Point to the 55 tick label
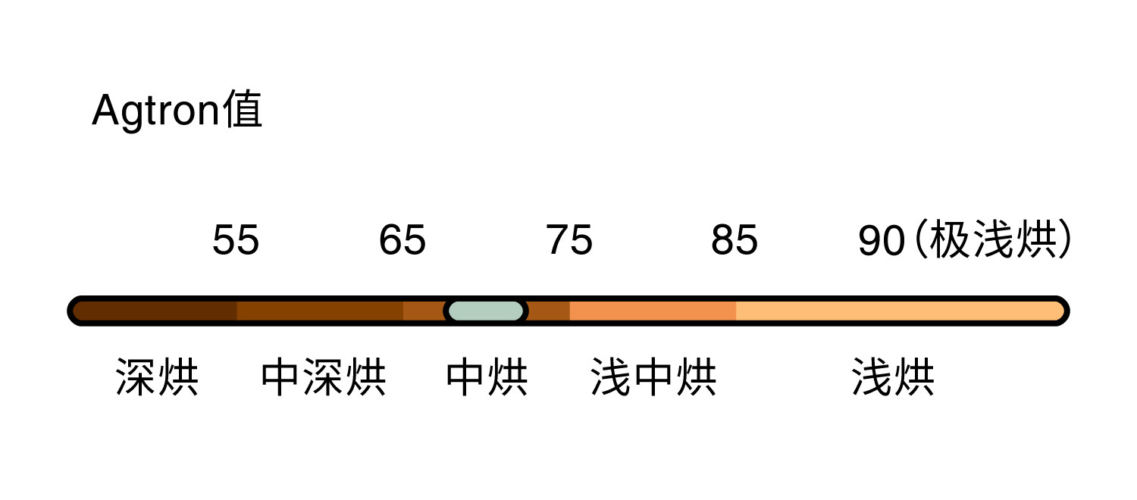click(x=236, y=241)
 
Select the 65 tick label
click(x=402, y=241)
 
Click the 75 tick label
click(x=569, y=241)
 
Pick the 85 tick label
click(x=735, y=241)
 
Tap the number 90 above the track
click(x=882, y=241)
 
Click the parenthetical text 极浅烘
click(x=992, y=240)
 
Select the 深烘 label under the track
click(x=157, y=377)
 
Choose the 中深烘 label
click(x=324, y=377)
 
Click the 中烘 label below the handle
click(x=487, y=377)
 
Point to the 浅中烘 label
click(x=653, y=377)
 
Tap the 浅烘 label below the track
click(x=893, y=377)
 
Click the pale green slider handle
click(x=486, y=311)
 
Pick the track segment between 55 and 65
click(x=320, y=311)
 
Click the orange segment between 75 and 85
click(x=653, y=311)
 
